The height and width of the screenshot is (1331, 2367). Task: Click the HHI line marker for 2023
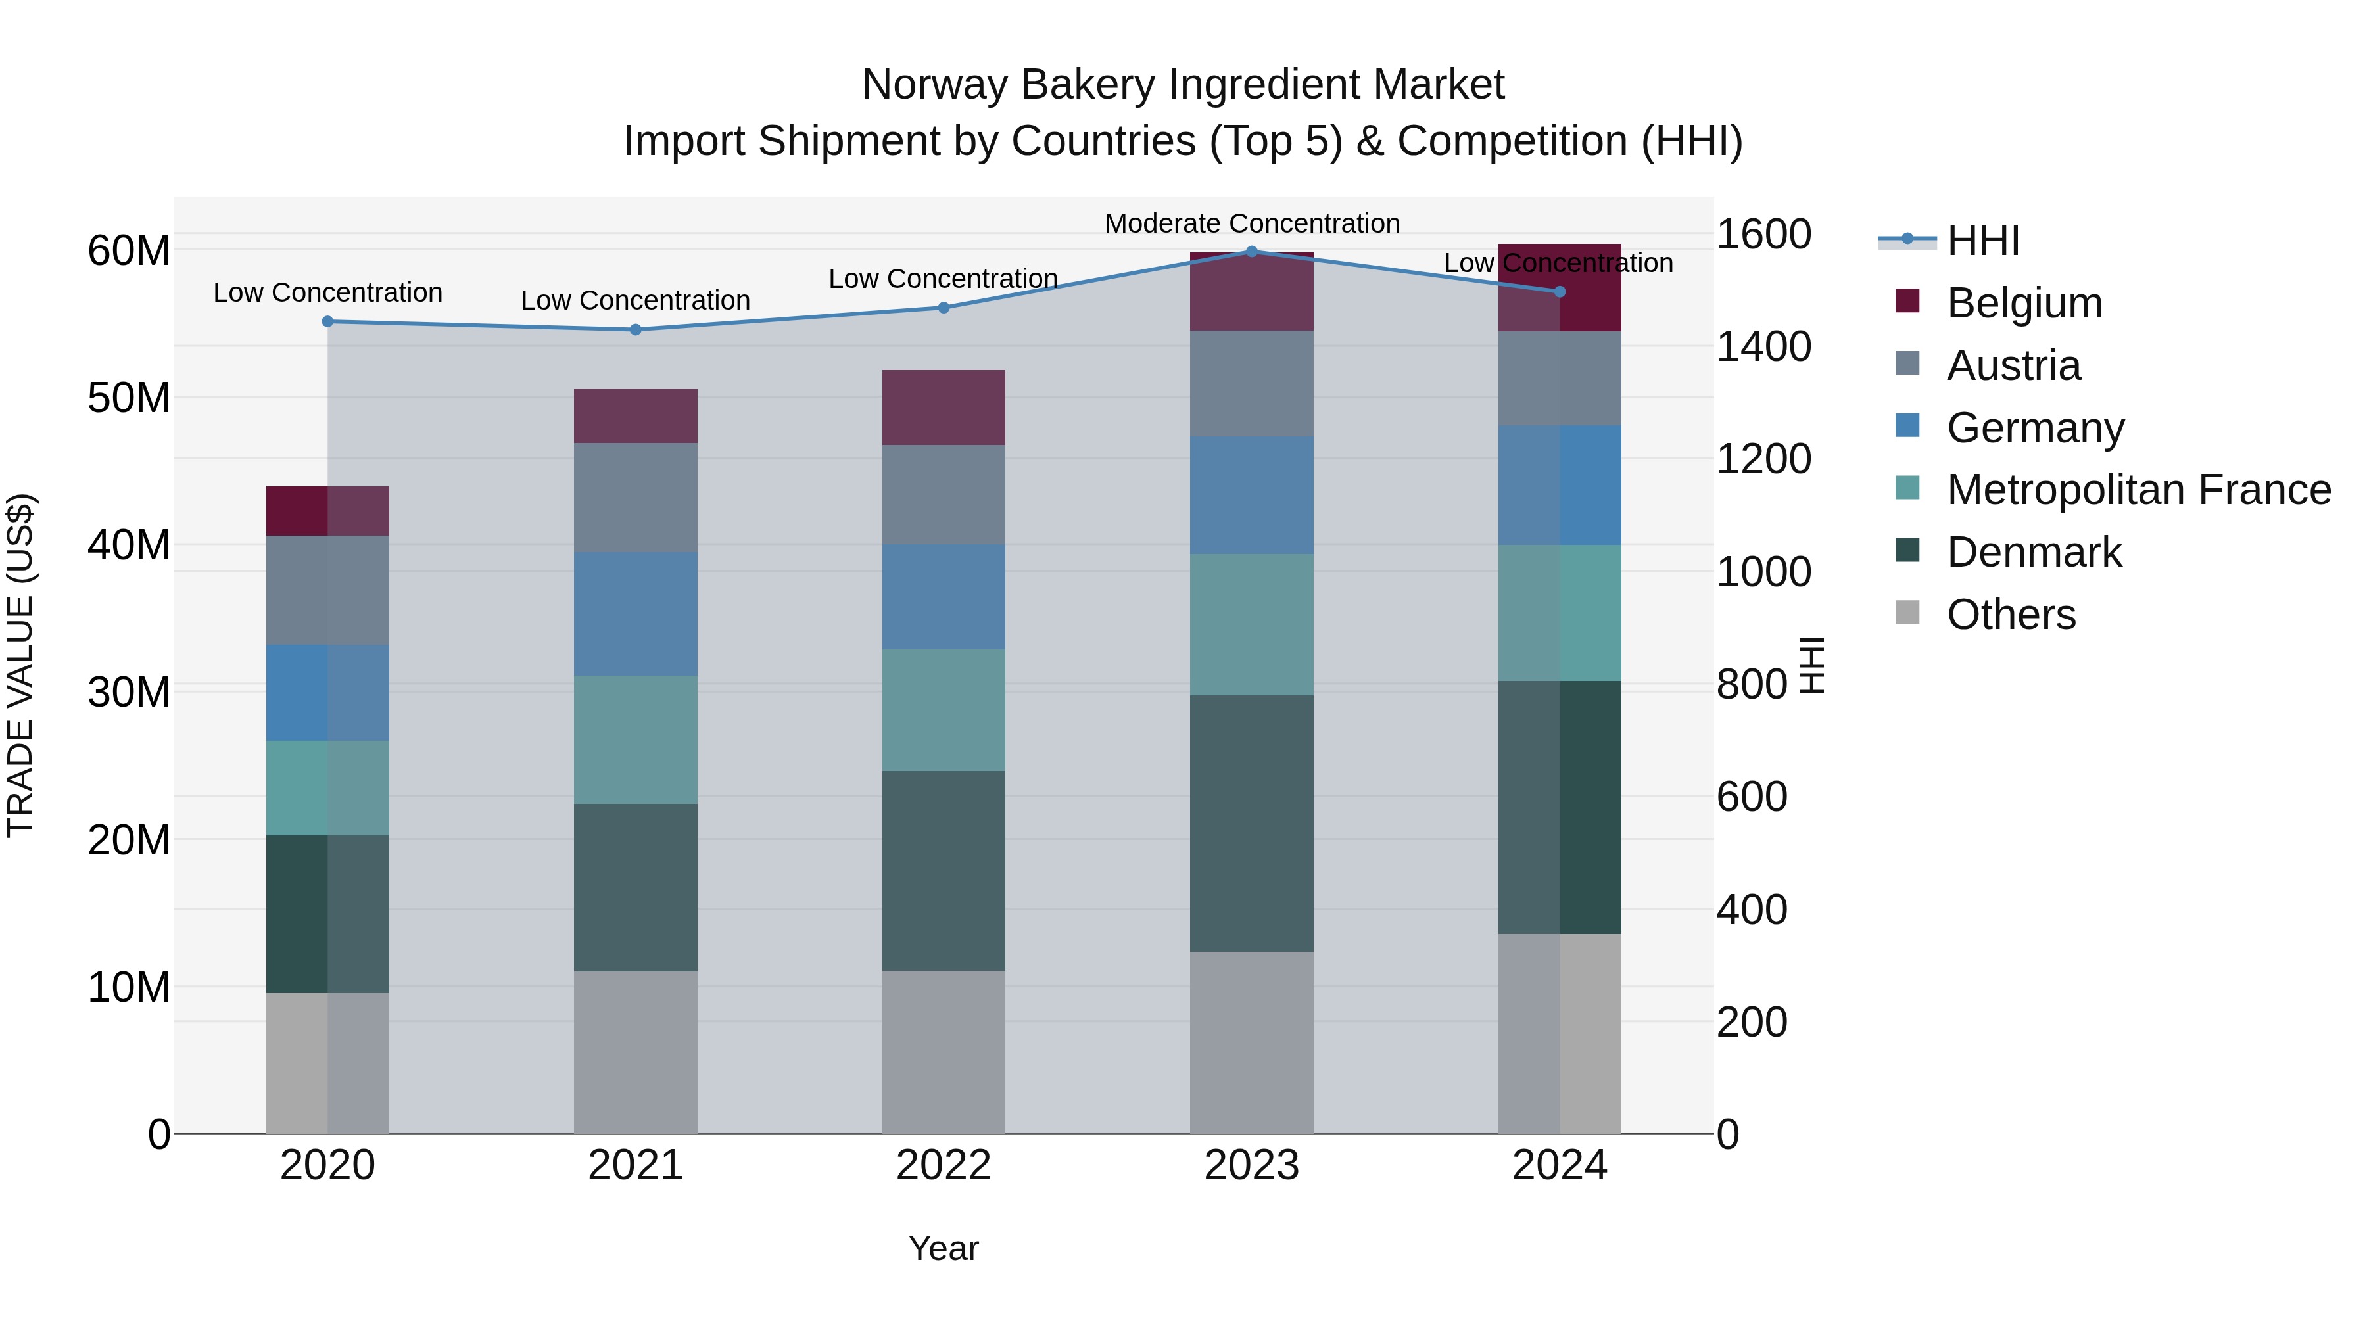(1251, 251)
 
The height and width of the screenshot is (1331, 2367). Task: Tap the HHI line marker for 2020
(327, 321)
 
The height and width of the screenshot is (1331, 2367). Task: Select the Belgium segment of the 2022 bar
(944, 408)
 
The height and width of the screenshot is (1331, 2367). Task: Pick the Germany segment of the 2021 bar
(635, 614)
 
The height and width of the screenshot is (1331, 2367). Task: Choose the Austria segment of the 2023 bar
(1251, 383)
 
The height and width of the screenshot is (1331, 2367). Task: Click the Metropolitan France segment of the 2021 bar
(635, 739)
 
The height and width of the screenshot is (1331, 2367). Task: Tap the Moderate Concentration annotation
(1251, 223)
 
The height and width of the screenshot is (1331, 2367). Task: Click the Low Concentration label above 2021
(635, 300)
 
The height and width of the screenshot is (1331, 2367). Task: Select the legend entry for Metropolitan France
(2138, 490)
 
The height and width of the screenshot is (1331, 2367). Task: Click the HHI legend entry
(1983, 241)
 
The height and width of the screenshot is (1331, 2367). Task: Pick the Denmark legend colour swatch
(1907, 550)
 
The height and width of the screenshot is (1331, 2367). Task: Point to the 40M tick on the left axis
(129, 545)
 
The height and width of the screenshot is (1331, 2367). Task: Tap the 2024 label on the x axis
(1560, 1165)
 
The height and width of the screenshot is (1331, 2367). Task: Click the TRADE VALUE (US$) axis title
(21, 665)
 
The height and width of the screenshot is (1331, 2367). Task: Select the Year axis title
(944, 1248)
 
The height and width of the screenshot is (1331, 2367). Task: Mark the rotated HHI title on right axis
(1810, 665)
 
